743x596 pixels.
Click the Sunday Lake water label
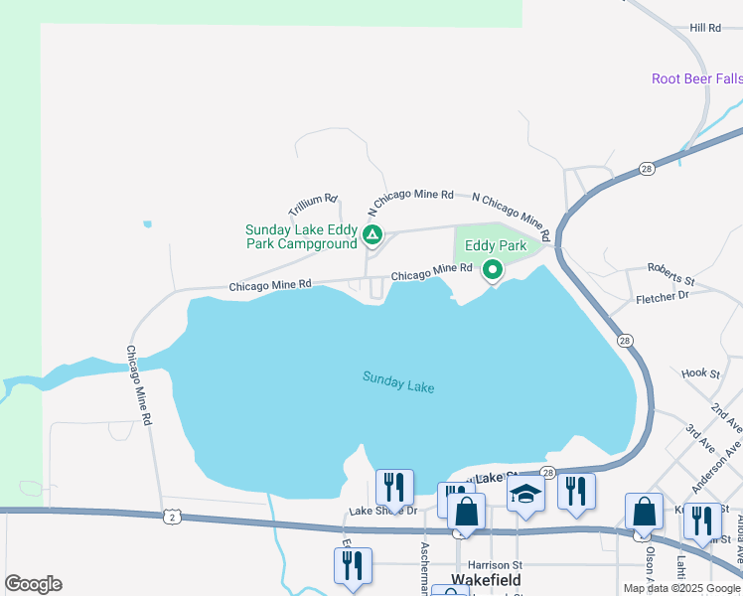coord(398,381)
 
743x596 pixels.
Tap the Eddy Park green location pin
coord(492,270)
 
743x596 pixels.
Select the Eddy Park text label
coord(496,244)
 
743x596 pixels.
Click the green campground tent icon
coord(371,235)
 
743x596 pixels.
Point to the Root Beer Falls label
coord(696,78)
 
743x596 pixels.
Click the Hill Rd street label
coord(704,29)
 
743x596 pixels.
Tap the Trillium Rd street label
coord(314,206)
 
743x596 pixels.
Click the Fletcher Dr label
coord(662,296)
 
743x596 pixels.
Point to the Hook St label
coord(700,373)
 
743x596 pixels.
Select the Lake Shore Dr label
coord(383,512)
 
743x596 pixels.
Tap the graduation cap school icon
coord(525,493)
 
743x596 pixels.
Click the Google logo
coord(33,584)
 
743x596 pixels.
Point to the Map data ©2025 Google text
coord(682,588)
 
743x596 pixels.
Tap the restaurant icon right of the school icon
coord(576,491)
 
